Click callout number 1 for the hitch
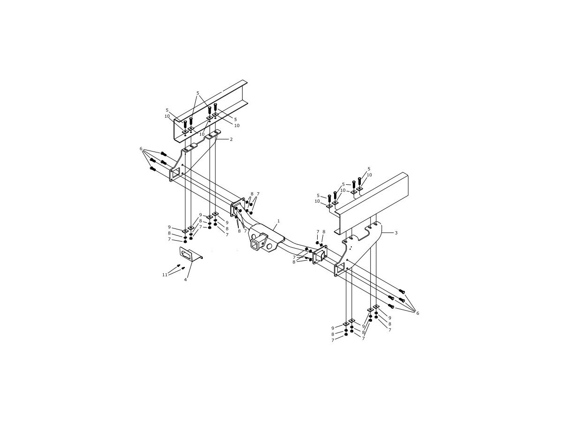click(x=279, y=221)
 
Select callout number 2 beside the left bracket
click(x=231, y=139)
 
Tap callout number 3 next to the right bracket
click(x=396, y=233)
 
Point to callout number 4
click(x=185, y=280)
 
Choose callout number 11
click(x=165, y=275)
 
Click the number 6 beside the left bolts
click(x=141, y=149)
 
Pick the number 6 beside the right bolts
click(x=418, y=313)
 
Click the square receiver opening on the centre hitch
click(x=256, y=244)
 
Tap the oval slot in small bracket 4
click(x=185, y=254)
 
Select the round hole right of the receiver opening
click(x=269, y=246)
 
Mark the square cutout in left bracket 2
click(x=175, y=175)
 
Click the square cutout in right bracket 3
click(x=340, y=269)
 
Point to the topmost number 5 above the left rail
click(x=198, y=93)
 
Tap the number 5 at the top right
click(x=369, y=169)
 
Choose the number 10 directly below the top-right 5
click(x=369, y=175)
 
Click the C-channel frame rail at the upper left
click(x=210, y=110)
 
